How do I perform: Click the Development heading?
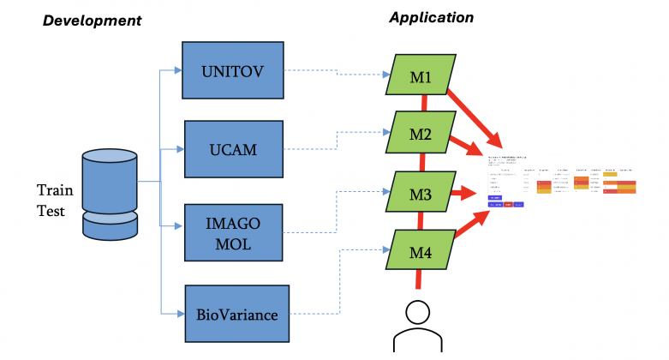pos(92,20)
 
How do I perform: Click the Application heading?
pos(431,16)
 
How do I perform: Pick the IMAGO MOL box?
pos(234,232)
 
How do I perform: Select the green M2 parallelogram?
pos(420,133)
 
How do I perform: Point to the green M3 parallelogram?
pos(420,194)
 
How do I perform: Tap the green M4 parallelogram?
pos(420,252)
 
